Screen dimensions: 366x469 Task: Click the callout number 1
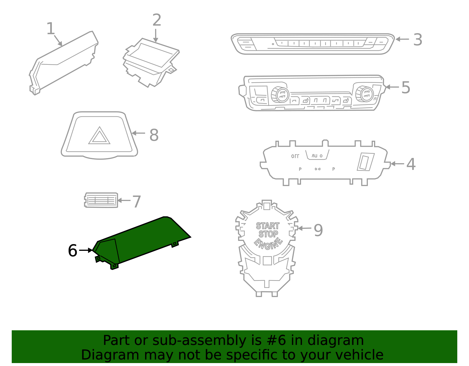[x=50, y=29]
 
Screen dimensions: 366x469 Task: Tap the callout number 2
[x=157, y=20]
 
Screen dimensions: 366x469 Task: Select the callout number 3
[x=418, y=40]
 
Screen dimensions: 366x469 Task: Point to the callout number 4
[x=411, y=164]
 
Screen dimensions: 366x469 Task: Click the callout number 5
[x=406, y=87]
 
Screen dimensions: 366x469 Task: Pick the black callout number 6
[x=72, y=251]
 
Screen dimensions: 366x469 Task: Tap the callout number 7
[x=137, y=202]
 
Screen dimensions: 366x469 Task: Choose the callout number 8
[x=154, y=135]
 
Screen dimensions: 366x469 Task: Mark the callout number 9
[x=318, y=230]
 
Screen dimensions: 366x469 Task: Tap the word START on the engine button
[x=268, y=226]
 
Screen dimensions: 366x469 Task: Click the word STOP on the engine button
[x=268, y=234]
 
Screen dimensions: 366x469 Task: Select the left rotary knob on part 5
[x=280, y=94]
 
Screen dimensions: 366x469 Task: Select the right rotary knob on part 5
[x=365, y=94]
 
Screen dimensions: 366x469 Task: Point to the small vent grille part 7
[x=101, y=200]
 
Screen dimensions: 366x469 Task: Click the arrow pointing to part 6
[x=86, y=250]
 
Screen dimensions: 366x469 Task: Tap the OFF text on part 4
[x=295, y=156]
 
